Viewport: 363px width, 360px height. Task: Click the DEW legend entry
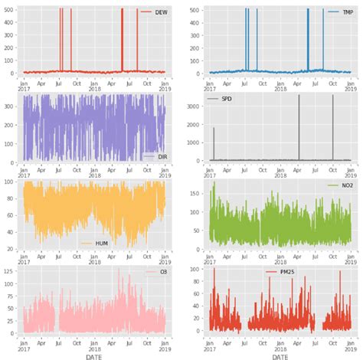click(x=155, y=13)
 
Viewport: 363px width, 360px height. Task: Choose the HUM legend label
click(x=94, y=243)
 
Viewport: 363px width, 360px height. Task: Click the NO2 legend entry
click(x=341, y=185)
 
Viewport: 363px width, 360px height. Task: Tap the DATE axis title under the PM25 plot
click(x=280, y=355)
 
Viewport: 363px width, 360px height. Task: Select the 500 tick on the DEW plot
click(x=10, y=10)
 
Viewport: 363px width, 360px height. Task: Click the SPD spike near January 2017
click(x=214, y=142)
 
